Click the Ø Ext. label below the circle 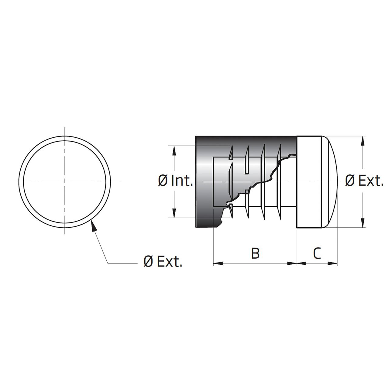click(163, 262)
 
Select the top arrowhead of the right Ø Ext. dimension click(363, 141)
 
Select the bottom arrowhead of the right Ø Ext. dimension click(363, 223)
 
